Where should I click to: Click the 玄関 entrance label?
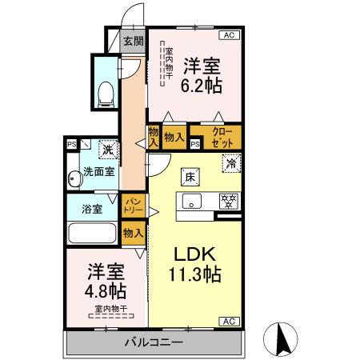134,42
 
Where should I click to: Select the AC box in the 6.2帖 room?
228,34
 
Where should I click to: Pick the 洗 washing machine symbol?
106,149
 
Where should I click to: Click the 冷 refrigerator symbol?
230,163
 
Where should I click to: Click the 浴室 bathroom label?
92,210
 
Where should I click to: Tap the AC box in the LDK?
227,321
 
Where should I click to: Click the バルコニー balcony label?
153,342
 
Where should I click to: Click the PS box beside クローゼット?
195,143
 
